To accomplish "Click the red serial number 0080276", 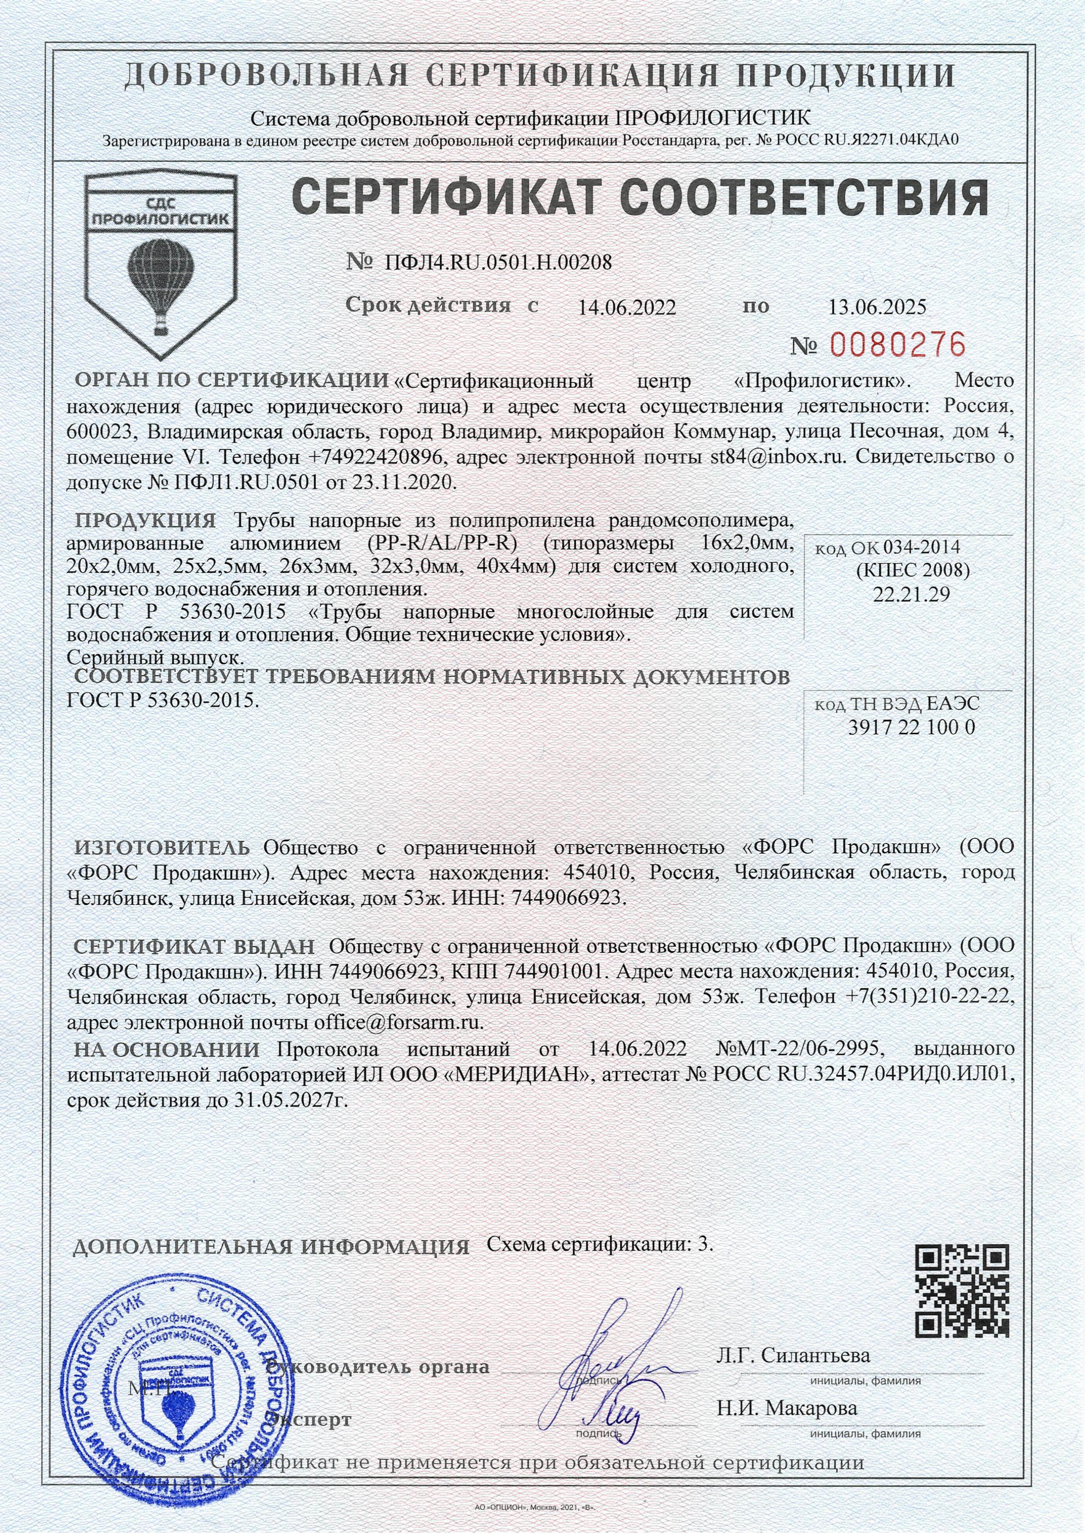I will [x=898, y=345].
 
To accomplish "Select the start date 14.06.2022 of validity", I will [x=626, y=307].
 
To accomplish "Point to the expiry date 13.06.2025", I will [x=877, y=307].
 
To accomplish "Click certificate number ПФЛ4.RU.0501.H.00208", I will [x=498, y=262].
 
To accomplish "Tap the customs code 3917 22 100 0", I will [x=910, y=727].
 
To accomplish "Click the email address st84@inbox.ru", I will [x=779, y=458].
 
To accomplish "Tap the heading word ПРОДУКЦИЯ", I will [x=145, y=520].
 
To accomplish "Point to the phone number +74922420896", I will [x=378, y=458].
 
